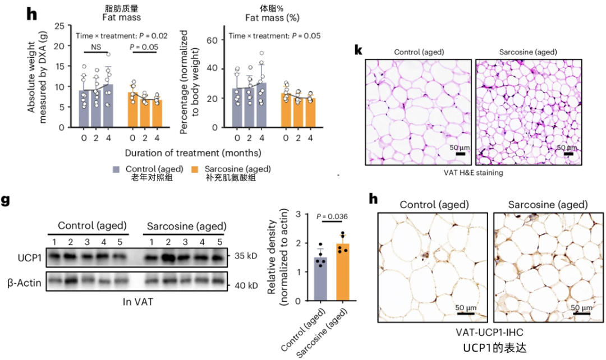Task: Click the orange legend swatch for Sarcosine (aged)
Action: (x=195, y=169)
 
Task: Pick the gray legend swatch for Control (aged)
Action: (x=117, y=169)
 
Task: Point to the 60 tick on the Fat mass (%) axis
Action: (x=212, y=40)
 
